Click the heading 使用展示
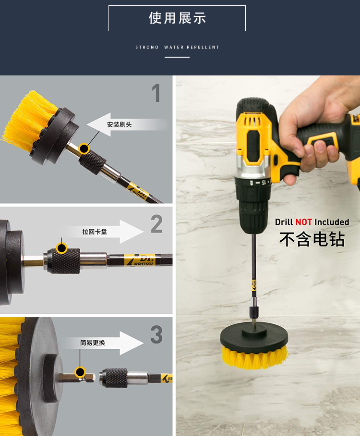click(177, 18)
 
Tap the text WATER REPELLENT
click(192, 47)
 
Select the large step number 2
click(156, 223)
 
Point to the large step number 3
click(156, 334)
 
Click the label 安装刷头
click(119, 124)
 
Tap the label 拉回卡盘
click(95, 232)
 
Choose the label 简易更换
click(92, 343)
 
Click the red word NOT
click(303, 222)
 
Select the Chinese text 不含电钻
click(312, 239)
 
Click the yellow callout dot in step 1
click(84, 148)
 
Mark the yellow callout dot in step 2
click(61, 248)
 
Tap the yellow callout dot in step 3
click(80, 372)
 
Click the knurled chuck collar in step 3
click(113, 378)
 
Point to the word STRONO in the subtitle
click(147, 47)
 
